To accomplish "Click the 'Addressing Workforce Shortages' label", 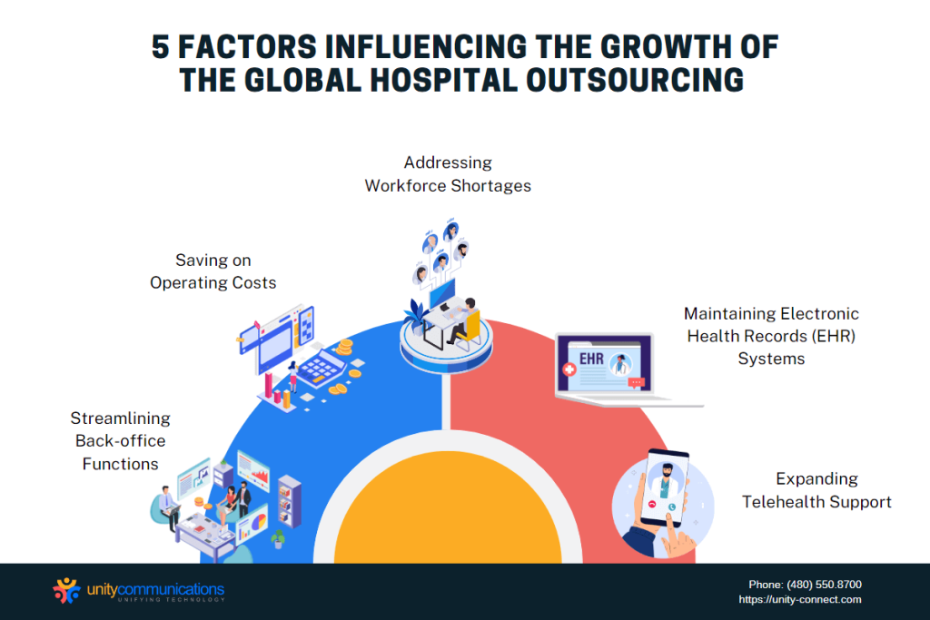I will click(x=448, y=173).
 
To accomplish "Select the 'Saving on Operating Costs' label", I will click(x=213, y=271).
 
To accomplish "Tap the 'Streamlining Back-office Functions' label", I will click(x=120, y=441).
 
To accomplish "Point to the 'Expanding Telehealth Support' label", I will click(x=816, y=490).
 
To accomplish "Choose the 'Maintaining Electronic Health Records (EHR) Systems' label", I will click(x=771, y=336).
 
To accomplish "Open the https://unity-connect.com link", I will click(x=800, y=599).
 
